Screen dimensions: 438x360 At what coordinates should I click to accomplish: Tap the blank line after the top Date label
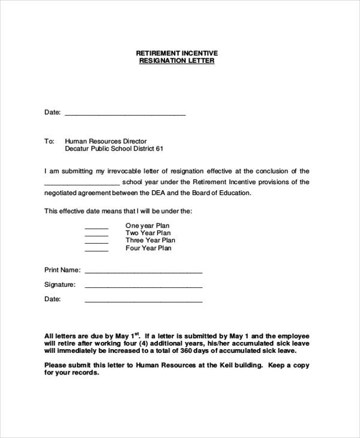pyautogui.click(x=125, y=113)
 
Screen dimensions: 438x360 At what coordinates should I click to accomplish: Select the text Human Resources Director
pyautogui.click(x=106, y=141)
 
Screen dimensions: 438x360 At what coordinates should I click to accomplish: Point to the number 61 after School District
pyautogui.click(x=160, y=149)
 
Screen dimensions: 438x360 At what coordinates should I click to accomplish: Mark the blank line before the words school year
pyautogui.click(x=82, y=184)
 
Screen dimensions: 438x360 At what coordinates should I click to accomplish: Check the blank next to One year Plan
pyautogui.click(x=96, y=228)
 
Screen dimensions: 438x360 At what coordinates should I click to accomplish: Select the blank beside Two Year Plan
pyautogui.click(x=96, y=235)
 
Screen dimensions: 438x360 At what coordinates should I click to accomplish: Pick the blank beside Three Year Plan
pyautogui.click(x=96, y=243)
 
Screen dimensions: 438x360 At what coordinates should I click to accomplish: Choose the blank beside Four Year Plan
pyautogui.click(x=96, y=251)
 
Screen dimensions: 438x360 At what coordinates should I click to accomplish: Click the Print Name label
pyautogui.click(x=62, y=270)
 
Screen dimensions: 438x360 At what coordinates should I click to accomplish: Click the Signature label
pyautogui.click(x=60, y=284)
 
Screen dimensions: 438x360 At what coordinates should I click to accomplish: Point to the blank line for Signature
pyautogui.click(x=143, y=287)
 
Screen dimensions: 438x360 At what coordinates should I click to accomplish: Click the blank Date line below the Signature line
pyautogui.click(x=143, y=301)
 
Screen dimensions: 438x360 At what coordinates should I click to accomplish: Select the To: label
pyautogui.click(x=49, y=141)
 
